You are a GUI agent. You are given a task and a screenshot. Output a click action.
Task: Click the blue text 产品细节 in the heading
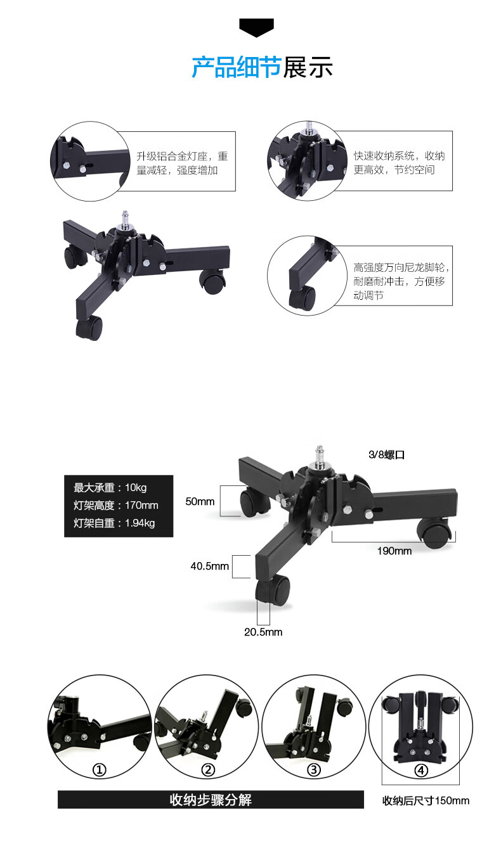[x=237, y=67]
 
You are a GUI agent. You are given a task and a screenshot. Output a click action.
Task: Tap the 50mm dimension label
[x=200, y=501]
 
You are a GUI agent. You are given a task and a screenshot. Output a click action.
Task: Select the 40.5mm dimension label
[x=209, y=566]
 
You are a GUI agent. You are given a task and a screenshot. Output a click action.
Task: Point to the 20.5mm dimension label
[x=263, y=632]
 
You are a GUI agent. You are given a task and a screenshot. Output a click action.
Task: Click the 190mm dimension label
[x=394, y=551]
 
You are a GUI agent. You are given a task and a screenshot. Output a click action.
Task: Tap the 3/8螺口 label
[x=386, y=454]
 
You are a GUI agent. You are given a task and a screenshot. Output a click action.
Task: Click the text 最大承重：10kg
[x=110, y=487]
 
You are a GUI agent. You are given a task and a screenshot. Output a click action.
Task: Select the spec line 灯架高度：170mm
[x=116, y=505]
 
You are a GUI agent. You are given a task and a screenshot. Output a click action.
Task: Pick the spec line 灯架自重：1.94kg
[x=114, y=523]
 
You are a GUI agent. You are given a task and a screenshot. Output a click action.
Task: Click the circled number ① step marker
[x=100, y=770]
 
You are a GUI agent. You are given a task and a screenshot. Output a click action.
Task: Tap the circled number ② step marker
[x=208, y=770]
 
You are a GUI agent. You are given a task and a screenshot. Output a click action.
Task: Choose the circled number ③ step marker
[x=313, y=770]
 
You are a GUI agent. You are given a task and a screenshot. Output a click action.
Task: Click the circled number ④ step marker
[x=421, y=771]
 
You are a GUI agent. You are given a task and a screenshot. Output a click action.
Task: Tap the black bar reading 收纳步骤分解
[x=211, y=800]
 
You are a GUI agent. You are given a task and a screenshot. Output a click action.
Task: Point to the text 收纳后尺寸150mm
[x=426, y=800]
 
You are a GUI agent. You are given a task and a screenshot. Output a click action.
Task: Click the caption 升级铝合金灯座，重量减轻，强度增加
[x=182, y=163]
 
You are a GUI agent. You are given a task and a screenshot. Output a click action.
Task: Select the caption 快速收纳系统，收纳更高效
[x=399, y=162]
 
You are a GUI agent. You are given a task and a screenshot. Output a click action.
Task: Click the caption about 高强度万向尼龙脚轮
[x=401, y=281]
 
